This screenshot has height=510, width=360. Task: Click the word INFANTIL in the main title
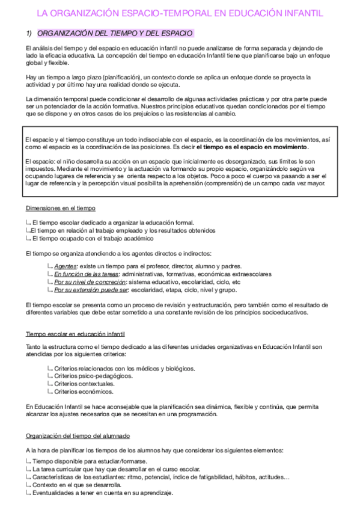299,12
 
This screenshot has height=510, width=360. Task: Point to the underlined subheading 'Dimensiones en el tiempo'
60,208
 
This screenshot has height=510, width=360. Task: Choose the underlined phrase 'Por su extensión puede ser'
91,289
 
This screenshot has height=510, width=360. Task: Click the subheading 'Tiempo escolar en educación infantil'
75,334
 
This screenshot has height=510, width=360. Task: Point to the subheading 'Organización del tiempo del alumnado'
78,435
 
